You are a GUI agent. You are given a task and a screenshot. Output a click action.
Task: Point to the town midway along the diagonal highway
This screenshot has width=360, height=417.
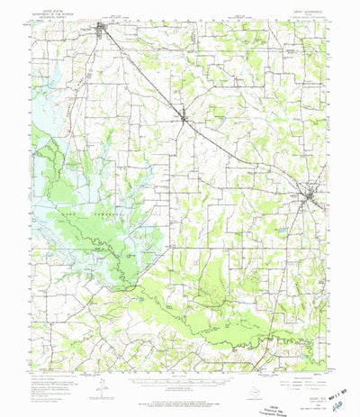click(x=184, y=114)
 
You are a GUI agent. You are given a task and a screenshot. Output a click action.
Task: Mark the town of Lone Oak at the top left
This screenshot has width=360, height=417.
click(x=109, y=34)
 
